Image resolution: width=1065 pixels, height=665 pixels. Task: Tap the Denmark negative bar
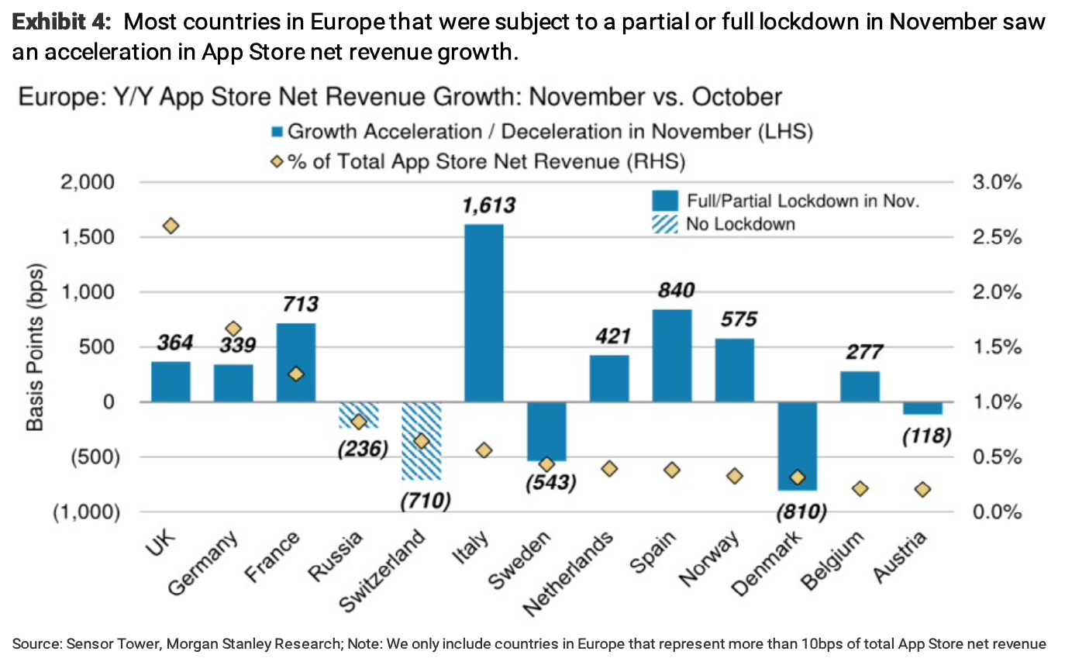[798, 446]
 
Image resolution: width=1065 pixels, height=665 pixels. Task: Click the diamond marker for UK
[171, 226]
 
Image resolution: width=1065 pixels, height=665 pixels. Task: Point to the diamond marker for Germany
[233, 329]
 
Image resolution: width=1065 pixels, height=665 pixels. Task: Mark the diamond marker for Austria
[922, 489]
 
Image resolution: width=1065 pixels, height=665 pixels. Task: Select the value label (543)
[550, 481]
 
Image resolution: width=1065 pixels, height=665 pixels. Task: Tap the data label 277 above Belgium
[861, 352]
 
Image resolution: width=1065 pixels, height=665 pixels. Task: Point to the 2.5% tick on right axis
[996, 237]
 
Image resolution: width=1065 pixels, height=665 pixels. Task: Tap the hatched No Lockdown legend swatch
[665, 225]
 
